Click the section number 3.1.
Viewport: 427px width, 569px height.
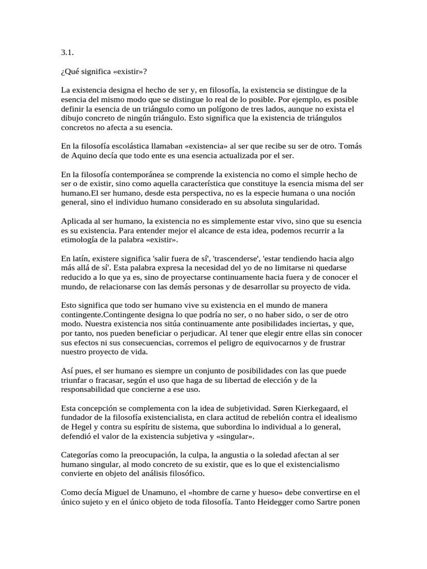67,53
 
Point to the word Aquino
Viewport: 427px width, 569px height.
85,155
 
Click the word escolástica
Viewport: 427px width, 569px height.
126,146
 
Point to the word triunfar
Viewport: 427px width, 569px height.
76,380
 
